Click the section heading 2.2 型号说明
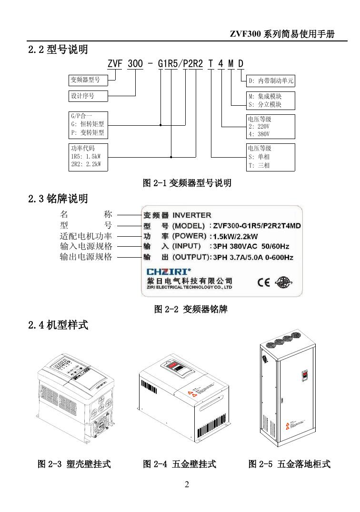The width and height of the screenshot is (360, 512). click(x=58, y=49)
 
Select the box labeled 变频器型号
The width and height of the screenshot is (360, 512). click(x=88, y=80)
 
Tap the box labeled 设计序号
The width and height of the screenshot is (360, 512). click(x=88, y=96)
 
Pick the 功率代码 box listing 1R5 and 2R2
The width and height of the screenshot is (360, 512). click(x=88, y=157)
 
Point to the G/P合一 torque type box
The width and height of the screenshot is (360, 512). click(x=88, y=125)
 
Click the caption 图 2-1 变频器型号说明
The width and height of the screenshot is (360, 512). click(x=187, y=183)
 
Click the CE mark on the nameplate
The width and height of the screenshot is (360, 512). click(x=263, y=282)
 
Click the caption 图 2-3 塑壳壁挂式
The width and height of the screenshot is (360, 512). click(x=74, y=463)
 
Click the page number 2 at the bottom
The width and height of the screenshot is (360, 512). click(x=187, y=485)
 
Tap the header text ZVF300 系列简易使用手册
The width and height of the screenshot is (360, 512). click(x=282, y=35)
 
